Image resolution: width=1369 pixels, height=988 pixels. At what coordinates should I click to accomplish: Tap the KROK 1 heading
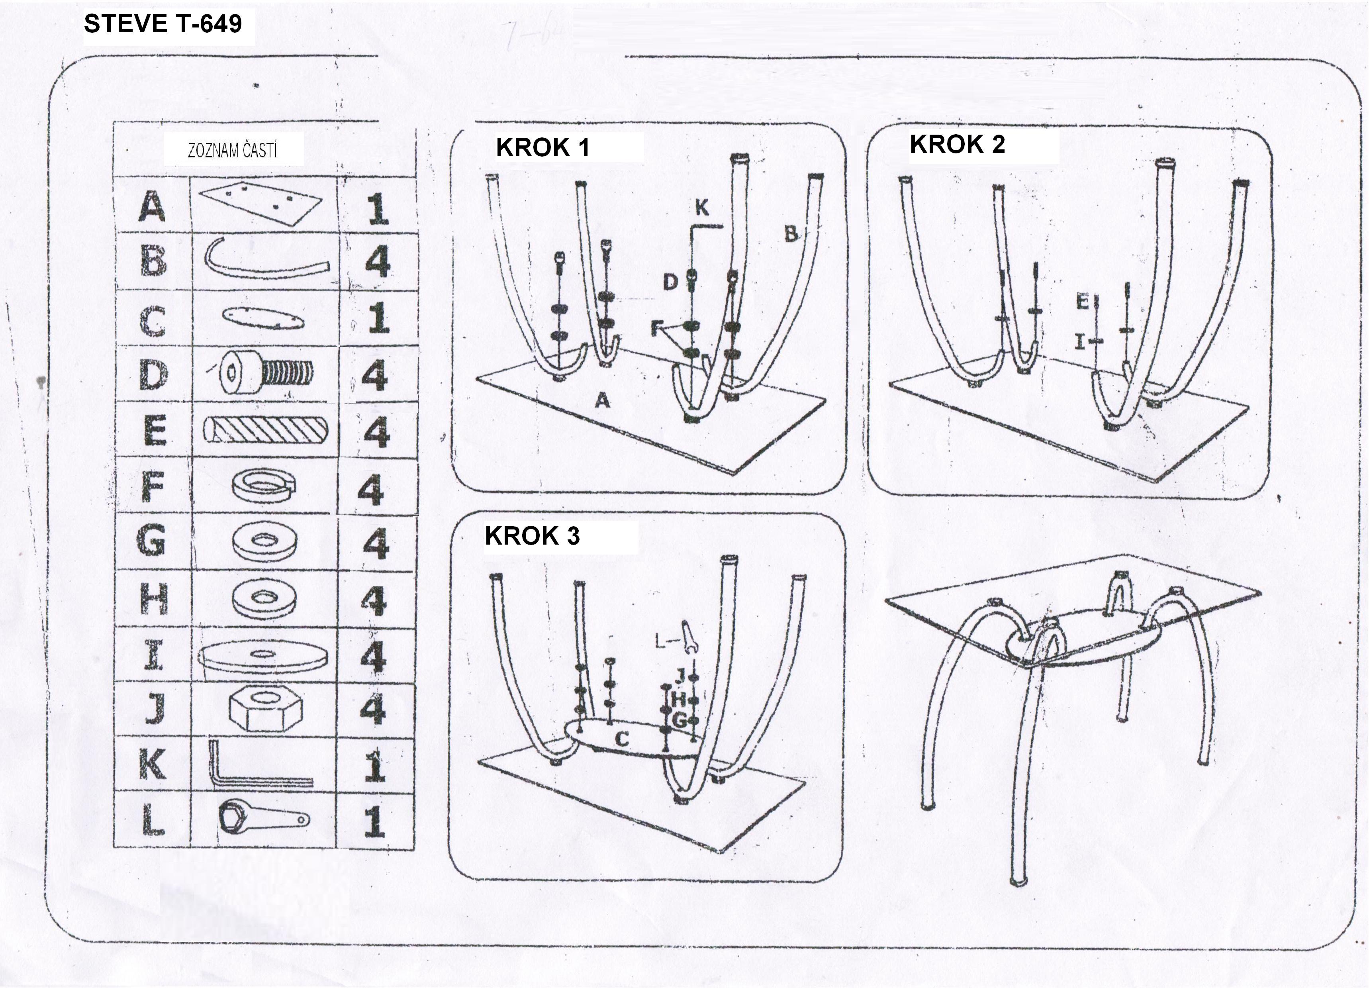542,148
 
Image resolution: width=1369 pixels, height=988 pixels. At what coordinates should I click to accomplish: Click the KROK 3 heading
532,536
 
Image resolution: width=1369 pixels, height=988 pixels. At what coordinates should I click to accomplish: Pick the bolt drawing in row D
266,374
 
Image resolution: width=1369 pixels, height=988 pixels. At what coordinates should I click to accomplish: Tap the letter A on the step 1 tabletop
602,400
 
